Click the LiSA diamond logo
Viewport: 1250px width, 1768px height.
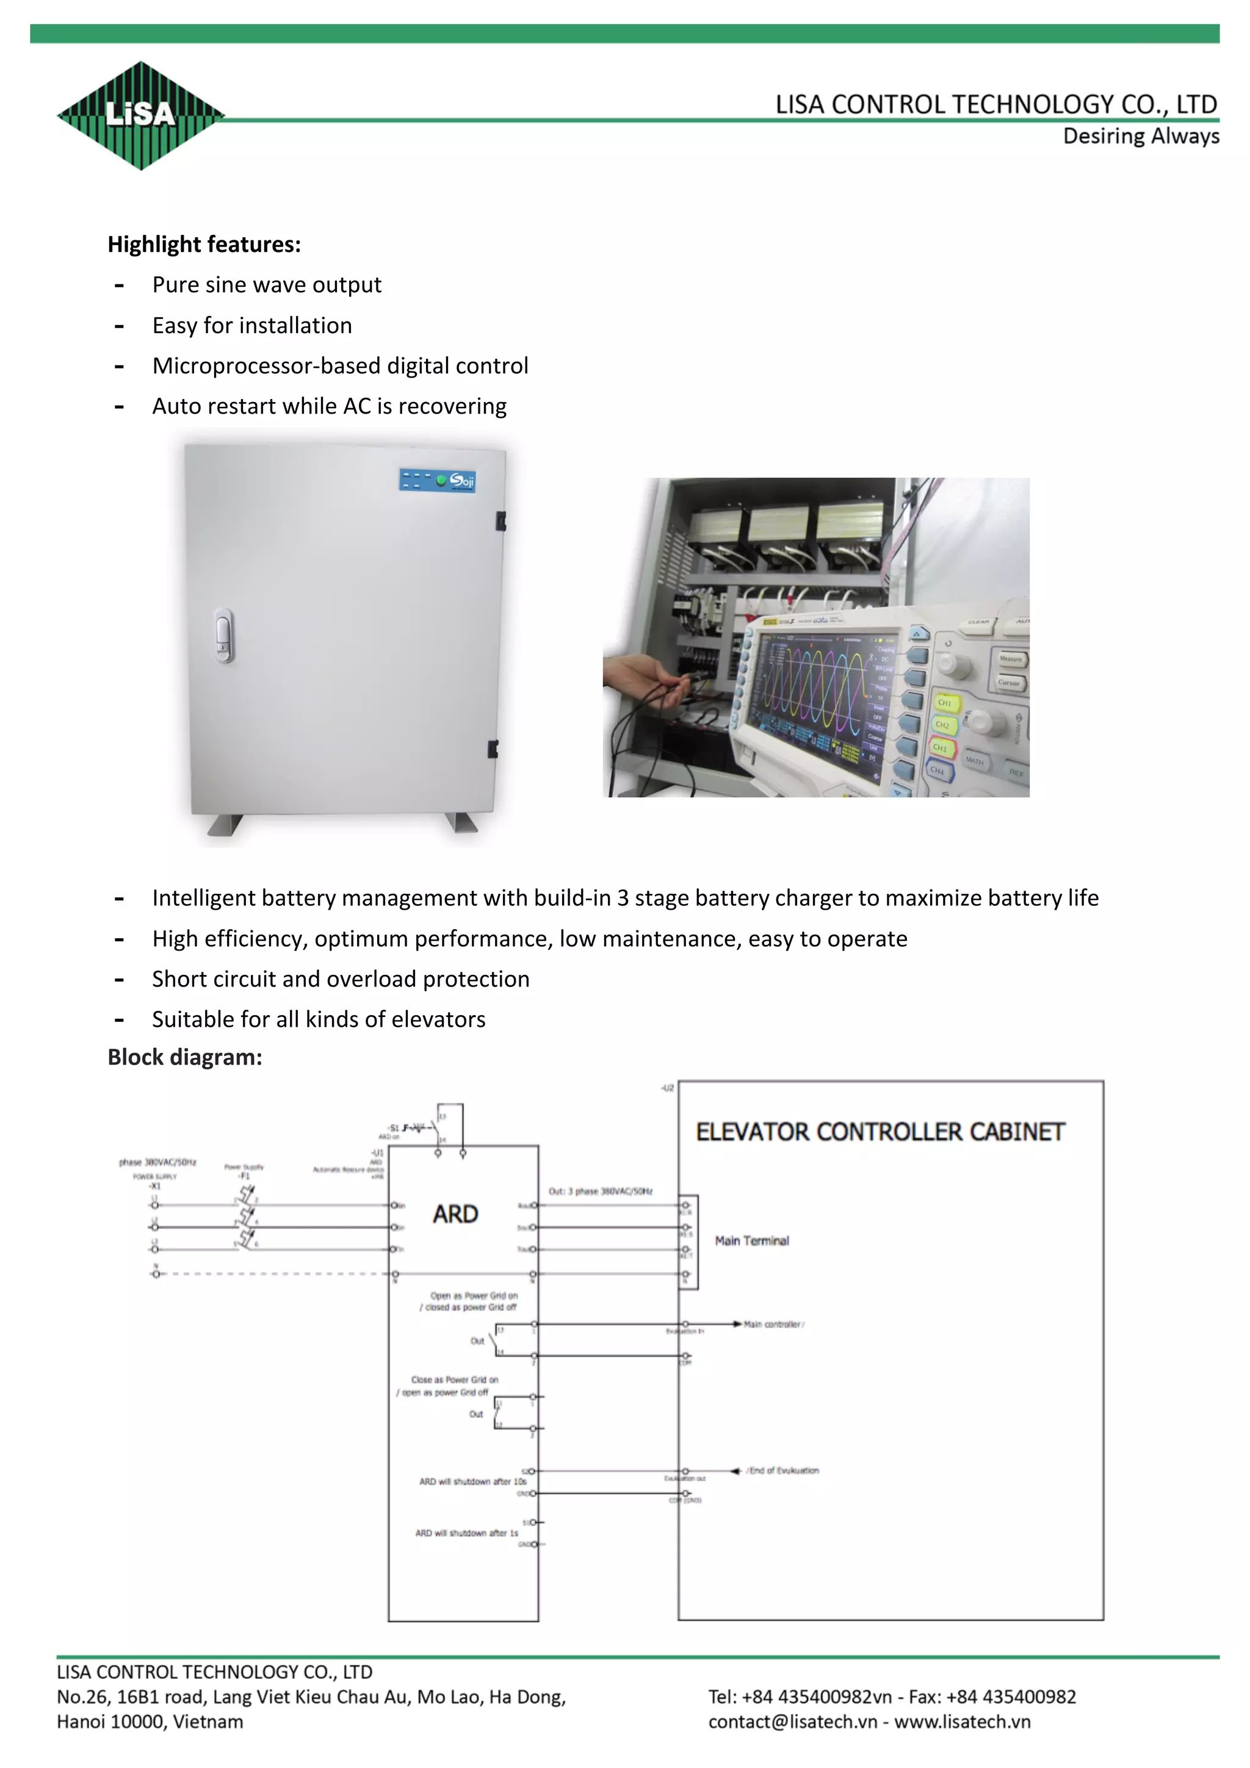point(141,115)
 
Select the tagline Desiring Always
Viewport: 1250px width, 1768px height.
point(1141,136)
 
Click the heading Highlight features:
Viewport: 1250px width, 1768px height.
point(204,245)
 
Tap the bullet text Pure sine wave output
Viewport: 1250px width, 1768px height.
point(267,285)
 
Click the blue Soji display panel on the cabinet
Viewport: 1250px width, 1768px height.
point(438,480)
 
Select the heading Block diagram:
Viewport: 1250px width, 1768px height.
point(185,1057)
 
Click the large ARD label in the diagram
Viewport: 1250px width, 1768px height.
point(455,1214)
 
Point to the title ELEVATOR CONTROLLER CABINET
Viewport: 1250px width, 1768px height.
point(880,1132)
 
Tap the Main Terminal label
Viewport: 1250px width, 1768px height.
point(752,1240)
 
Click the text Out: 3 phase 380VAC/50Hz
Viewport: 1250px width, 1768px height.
point(600,1191)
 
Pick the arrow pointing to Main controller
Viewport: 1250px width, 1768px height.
point(737,1324)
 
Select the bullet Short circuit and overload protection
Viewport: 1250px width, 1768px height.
point(341,980)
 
